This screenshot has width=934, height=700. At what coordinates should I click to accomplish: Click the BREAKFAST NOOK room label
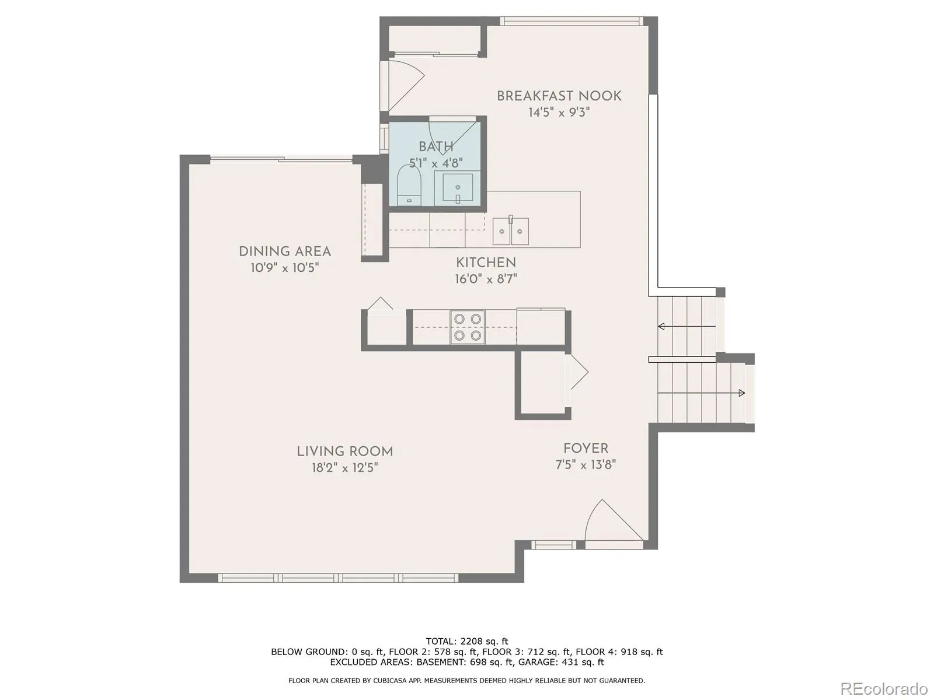[559, 96]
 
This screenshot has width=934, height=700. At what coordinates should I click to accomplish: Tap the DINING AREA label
[285, 251]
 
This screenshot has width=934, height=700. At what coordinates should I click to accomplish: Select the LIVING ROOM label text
[344, 452]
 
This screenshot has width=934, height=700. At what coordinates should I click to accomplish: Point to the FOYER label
[586, 449]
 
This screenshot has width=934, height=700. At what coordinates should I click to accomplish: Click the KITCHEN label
[486, 262]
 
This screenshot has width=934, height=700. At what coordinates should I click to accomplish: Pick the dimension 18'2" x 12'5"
[344, 467]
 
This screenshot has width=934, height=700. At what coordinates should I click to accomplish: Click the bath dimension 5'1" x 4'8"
[435, 163]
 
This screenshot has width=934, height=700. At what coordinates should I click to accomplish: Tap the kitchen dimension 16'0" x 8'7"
[486, 279]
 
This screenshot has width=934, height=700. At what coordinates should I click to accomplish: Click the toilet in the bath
[409, 185]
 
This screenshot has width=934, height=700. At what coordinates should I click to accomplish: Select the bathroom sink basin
[458, 187]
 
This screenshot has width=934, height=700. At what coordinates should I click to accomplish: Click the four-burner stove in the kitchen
[467, 327]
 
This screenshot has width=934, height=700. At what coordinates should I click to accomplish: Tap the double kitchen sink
[511, 231]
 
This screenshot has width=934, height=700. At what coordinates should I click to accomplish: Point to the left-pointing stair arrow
[686, 327]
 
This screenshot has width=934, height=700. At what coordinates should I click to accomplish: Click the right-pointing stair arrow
[701, 393]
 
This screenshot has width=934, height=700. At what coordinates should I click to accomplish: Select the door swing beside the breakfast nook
[402, 85]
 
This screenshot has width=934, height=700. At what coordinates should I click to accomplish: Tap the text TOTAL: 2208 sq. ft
[467, 641]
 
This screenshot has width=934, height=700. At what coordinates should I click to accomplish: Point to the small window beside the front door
[553, 545]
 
